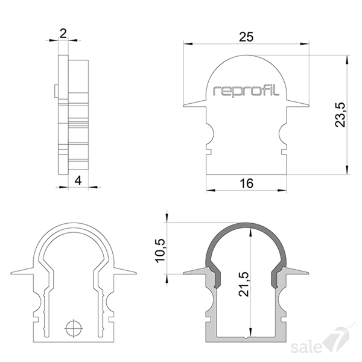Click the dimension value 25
(246, 37)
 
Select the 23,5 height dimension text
(340, 115)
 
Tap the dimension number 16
(246, 183)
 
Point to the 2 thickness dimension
(63, 34)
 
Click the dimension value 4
(78, 180)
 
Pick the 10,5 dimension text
(160, 250)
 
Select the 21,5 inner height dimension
(244, 284)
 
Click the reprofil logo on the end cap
(246, 91)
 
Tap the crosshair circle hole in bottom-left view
(74, 328)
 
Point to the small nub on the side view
(56, 91)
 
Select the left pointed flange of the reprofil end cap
(195, 104)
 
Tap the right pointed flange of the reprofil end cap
(298, 104)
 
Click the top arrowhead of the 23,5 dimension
(346, 60)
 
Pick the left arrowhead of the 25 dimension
(188, 43)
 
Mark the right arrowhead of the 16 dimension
(282, 191)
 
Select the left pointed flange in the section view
(195, 271)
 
